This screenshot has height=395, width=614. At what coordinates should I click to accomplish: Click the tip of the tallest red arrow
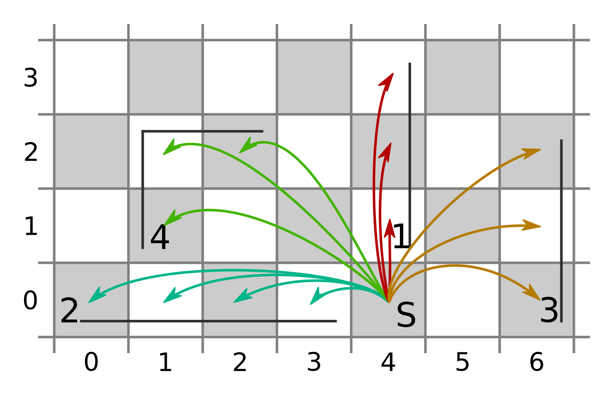click(393, 74)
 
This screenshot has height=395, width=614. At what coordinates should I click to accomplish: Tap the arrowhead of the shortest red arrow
click(390, 220)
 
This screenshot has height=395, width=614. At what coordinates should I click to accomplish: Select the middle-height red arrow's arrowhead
click(390, 144)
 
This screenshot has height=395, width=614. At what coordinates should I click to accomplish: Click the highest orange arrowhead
click(539, 150)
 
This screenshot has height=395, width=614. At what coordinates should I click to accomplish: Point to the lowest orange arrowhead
click(539, 300)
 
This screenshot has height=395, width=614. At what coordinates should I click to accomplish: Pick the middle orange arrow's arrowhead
click(540, 226)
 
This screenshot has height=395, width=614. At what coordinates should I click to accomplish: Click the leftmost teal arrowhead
click(90, 302)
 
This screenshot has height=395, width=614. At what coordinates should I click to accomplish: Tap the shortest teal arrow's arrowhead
click(311, 304)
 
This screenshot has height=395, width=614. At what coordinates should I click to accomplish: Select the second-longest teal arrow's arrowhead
click(164, 302)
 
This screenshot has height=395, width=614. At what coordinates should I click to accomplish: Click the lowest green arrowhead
click(165, 225)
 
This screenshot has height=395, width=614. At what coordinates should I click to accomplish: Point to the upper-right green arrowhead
click(240, 152)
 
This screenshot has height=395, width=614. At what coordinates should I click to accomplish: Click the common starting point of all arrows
click(388, 302)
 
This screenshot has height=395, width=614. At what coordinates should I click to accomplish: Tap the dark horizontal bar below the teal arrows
click(208, 321)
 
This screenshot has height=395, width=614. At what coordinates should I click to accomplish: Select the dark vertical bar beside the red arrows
click(410, 154)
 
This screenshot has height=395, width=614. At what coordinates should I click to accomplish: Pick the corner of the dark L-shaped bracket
click(143, 132)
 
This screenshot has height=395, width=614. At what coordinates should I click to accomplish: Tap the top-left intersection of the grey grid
click(54, 40)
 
